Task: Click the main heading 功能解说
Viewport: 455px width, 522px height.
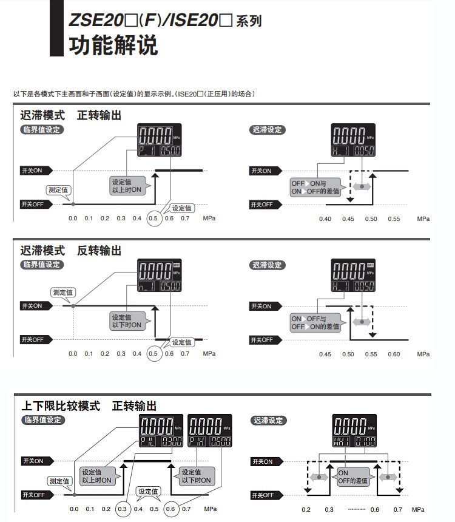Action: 114,46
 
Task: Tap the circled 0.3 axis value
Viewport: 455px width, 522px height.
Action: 123,509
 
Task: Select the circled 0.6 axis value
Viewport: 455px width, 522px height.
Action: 170,509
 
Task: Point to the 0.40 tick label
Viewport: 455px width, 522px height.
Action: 325,219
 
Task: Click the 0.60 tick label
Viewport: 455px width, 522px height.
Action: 394,354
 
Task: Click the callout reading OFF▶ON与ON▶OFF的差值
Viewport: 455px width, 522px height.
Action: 317,187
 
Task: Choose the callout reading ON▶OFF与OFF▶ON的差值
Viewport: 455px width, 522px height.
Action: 315,322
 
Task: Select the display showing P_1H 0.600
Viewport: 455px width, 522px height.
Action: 206,432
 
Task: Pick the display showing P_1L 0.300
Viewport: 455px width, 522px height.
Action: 161,432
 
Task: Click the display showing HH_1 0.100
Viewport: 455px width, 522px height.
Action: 354,432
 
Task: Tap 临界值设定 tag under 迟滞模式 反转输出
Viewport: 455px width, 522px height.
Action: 42,265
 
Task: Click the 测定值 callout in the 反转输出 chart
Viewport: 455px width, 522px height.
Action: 62,293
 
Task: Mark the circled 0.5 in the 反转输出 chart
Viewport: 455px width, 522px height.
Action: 153,353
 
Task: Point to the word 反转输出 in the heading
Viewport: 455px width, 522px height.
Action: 99,250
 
